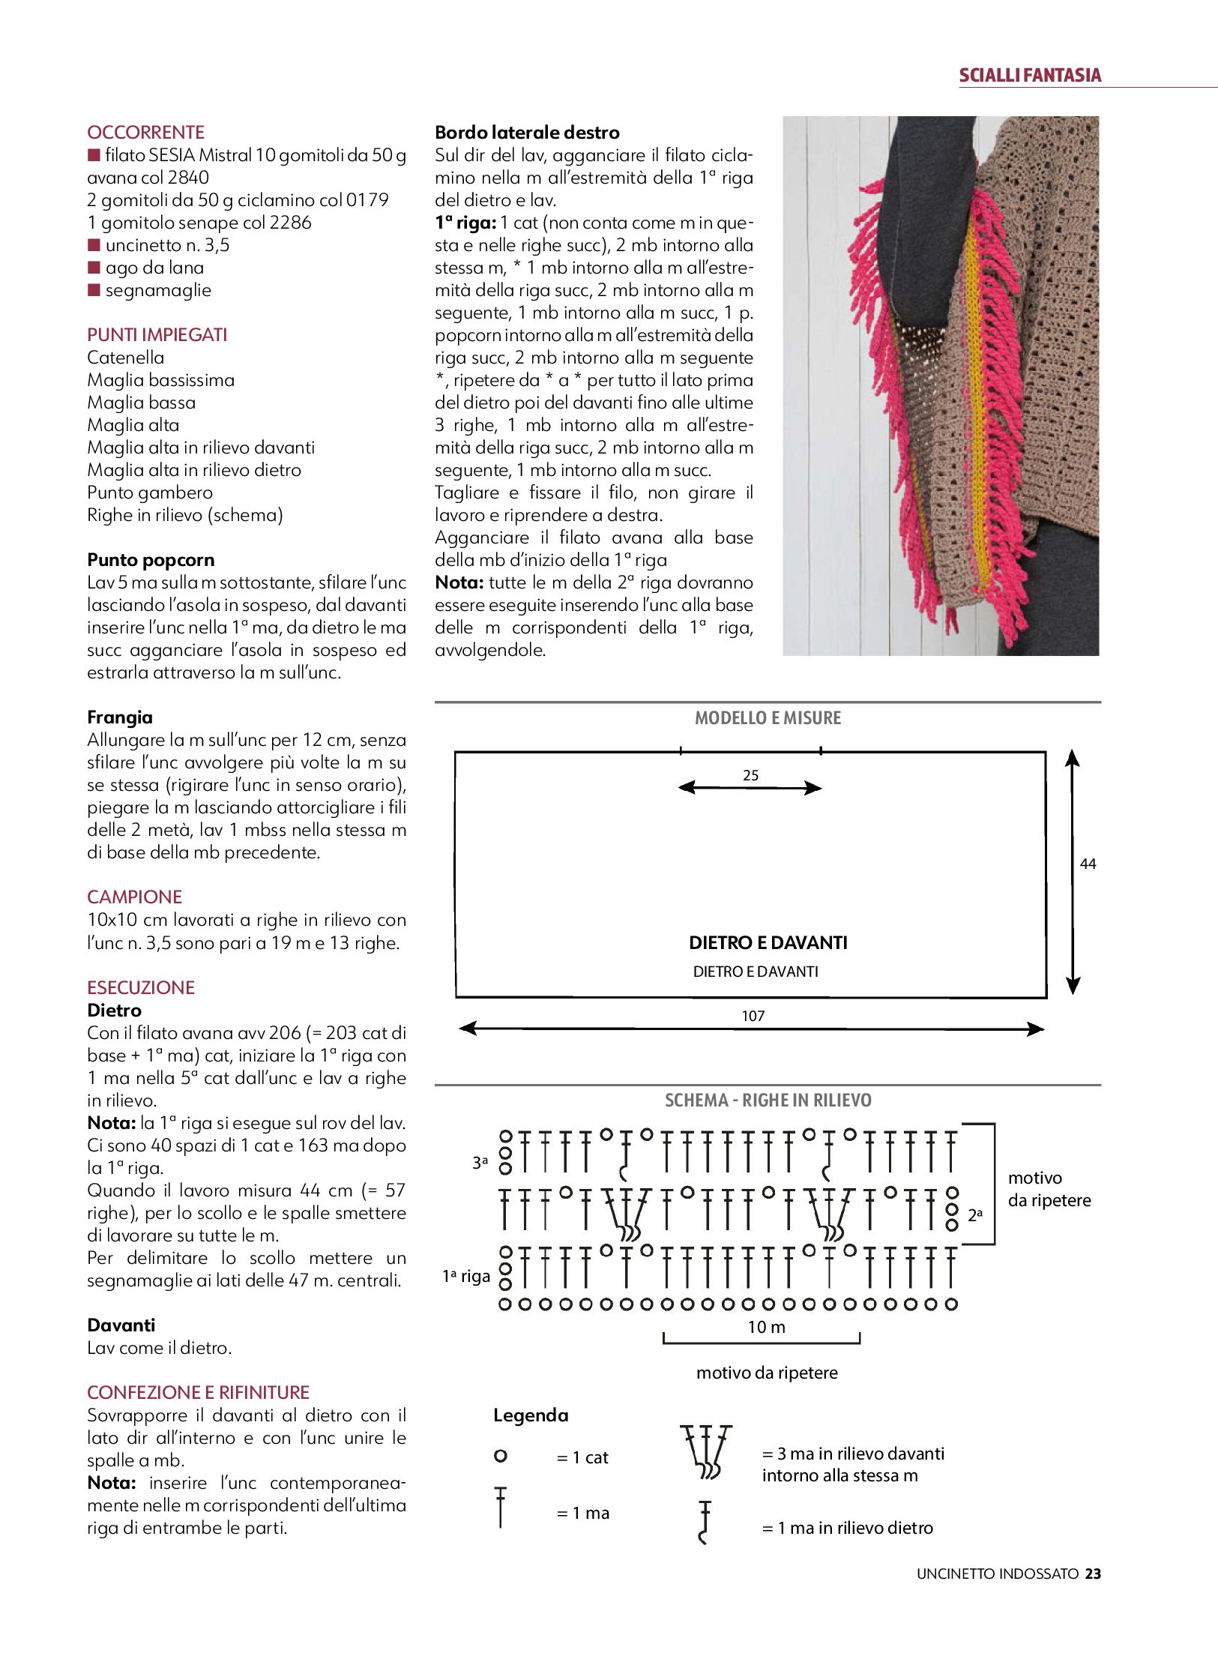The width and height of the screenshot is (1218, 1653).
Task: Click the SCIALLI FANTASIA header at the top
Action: tap(1030, 75)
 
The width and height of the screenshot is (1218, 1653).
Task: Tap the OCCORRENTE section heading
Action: tap(145, 133)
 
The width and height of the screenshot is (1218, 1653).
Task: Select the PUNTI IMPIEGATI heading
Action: tap(157, 335)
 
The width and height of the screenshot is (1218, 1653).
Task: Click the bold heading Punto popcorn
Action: tap(151, 560)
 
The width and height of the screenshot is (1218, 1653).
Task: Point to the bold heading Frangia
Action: tap(120, 717)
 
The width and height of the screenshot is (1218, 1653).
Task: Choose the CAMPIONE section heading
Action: tap(134, 897)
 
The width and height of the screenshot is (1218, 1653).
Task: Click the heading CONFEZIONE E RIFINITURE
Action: tap(198, 1392)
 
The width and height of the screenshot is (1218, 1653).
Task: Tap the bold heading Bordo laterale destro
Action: tap(527, 133)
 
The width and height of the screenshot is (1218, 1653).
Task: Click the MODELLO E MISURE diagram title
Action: tap(768, 718)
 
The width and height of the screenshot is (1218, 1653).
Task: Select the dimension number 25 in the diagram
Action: tap(750, 775)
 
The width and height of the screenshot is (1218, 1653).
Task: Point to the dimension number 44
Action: tap(1088, 864)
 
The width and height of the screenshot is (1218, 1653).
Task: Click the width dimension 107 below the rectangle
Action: tap(753, 1016)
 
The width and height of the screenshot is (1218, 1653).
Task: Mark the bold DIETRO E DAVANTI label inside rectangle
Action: tap(768, 942)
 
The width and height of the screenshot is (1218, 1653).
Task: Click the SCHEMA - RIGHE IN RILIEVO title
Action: tap(768, 1101)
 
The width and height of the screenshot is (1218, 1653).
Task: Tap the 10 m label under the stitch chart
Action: tap(766, 1327)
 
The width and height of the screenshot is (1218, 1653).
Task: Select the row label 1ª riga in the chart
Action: tap(465, 1276)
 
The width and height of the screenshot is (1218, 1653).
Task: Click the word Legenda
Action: tap(531, 1415)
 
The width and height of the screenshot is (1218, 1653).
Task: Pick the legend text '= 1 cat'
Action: tap(582, 1457)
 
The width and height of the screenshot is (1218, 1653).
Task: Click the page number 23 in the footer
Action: tap(1093, 1574)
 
